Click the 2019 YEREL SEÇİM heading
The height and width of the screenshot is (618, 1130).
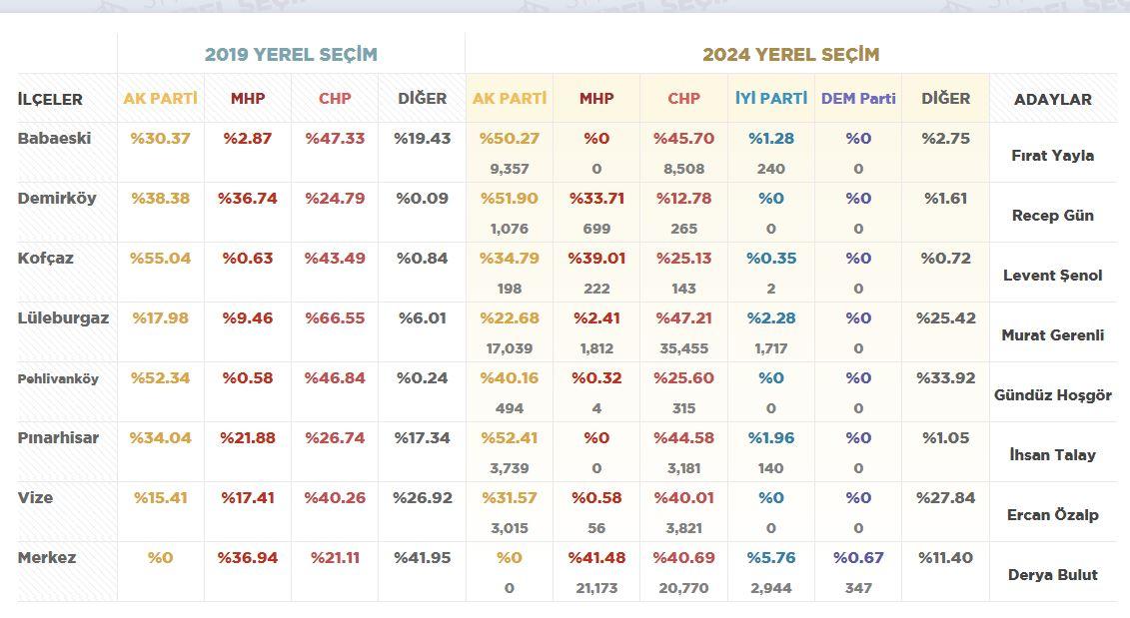291,55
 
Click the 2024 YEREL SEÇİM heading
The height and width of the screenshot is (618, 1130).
790,55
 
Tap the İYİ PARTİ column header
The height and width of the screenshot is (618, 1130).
770,99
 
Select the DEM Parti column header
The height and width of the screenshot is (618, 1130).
858,99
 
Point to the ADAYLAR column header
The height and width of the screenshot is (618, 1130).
1052,100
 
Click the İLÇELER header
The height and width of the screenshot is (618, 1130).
50,100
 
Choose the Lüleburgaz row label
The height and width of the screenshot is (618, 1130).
63,318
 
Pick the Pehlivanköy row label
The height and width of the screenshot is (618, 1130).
58,379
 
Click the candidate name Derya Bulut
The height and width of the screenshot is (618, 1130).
1052,575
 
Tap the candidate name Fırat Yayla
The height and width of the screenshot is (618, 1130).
1052,156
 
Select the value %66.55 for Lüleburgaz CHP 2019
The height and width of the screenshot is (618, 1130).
335,318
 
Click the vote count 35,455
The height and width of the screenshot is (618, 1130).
683,348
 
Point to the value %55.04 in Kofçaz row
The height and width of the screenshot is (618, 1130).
160,259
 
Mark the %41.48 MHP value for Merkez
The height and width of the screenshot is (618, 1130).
596,558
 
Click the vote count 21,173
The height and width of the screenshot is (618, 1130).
596,588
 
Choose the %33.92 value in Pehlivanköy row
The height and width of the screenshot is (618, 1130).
945,378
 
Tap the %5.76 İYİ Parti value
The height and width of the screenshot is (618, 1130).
770,558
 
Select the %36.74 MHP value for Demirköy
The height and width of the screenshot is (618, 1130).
248,199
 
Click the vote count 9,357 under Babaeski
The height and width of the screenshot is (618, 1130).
509,169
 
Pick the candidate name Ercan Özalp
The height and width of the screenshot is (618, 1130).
1052,515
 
